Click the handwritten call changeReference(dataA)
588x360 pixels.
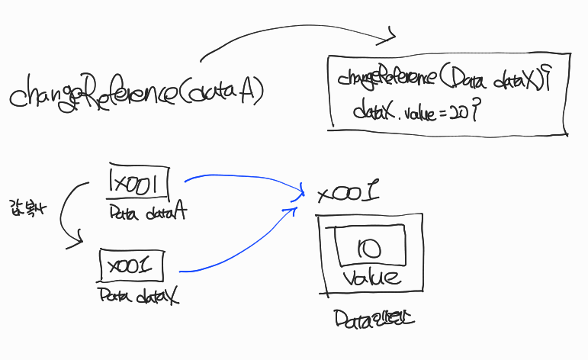click(137, 92)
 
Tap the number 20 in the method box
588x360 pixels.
click(459, 112)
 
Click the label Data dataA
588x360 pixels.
click(148, 212)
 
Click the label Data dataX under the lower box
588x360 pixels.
click(137, 295)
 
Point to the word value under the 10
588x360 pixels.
click(371, 275)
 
